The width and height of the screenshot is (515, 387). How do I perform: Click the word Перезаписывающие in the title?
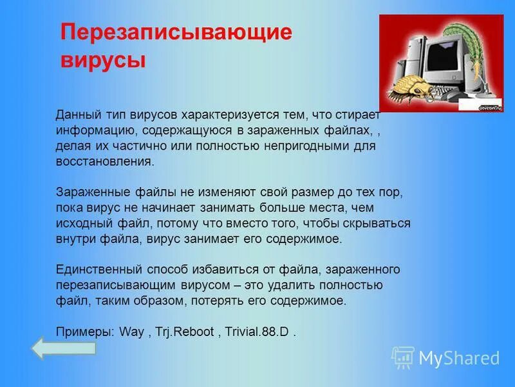tap(176, 32)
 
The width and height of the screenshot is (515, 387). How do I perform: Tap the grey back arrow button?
tap(63, 348)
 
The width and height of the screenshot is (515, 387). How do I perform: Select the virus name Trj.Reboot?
tap(186, 332)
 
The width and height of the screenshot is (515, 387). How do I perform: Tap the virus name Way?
tap(133, 332)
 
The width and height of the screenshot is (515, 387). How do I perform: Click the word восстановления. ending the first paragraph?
tap(105, 161)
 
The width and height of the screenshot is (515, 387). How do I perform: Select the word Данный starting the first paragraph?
tap(76, 115)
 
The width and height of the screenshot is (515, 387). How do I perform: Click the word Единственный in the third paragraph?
tap(94, 269)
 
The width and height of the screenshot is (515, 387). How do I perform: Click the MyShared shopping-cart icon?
tap(403, 357)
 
